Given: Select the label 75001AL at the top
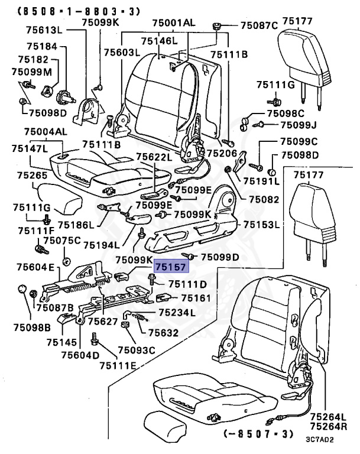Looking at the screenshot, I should [x=173, y=22].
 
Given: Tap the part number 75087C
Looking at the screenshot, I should [x=258, y=25].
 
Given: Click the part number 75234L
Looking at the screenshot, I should [x=177, y=312].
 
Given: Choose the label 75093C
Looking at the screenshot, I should [x=136, y=351].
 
